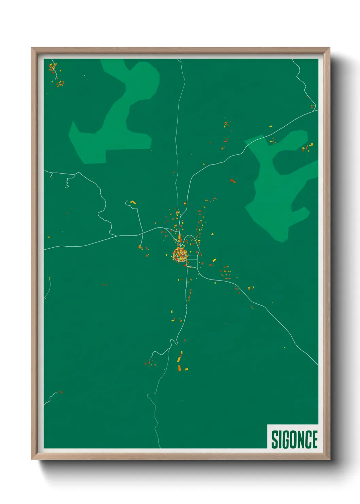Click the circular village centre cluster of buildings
coord(180,254)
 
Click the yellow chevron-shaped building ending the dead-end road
coord(133,202)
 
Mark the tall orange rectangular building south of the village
coord(179,368)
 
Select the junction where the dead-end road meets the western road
coord(143,234)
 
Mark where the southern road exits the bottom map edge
coord(160,447)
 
